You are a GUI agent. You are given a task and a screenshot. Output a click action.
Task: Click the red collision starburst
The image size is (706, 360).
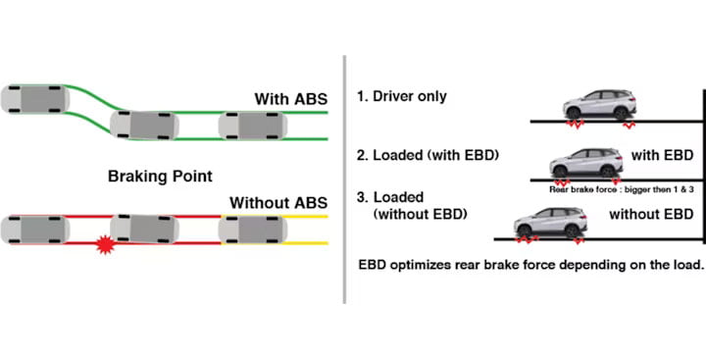click(105, 244)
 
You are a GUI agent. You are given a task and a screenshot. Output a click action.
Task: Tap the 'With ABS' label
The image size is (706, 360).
click(290, 99)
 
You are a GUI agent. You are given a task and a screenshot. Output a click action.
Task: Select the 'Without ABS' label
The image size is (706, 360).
click(278, 203)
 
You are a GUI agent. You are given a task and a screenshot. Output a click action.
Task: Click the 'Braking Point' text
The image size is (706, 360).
click(160, 177)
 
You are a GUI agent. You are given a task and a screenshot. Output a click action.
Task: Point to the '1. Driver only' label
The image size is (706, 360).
click(402, 96)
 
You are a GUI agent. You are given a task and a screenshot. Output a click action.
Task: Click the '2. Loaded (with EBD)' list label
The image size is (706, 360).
click(428, 156)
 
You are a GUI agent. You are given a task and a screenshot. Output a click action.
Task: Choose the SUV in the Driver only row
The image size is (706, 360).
click(600, 105)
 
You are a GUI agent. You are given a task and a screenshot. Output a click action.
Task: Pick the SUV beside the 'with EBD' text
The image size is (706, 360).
click(585, 163)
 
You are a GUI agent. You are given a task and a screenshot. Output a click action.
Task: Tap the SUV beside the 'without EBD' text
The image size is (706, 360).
click(551, 222)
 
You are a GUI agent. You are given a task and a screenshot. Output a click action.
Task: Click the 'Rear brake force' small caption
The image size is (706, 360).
click(621, 189)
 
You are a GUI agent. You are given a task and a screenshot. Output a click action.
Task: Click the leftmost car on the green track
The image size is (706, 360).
click(34, 99)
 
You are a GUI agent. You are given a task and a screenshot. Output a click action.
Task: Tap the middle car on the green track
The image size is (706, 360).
click(144, 125)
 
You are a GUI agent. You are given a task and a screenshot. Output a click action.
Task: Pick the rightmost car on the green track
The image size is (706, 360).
click(253, 126)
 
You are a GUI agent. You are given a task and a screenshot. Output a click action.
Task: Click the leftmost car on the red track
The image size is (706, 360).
click(34, 230)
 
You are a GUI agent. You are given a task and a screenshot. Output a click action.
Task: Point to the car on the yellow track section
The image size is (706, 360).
click(253, 230)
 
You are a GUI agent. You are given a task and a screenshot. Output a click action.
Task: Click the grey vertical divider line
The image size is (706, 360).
click(344, 180)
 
